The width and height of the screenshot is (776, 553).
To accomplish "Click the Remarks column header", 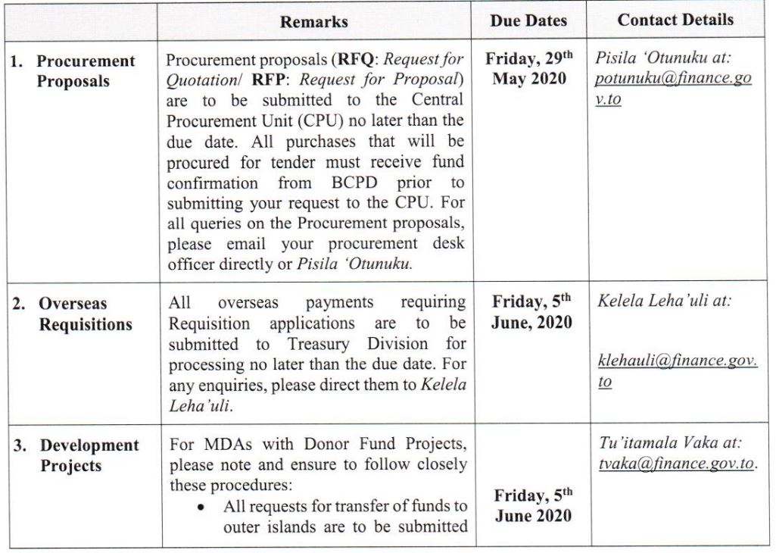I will pos(313,22).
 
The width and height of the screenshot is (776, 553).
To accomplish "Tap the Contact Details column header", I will pos(675,20).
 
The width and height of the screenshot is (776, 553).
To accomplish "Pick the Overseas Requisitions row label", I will pos(85,314).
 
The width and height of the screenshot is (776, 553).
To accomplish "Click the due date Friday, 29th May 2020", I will pos(528,69).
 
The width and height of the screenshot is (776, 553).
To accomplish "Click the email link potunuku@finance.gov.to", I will pos(672,89).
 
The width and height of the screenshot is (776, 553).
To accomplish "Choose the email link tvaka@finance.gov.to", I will pos(677,464).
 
